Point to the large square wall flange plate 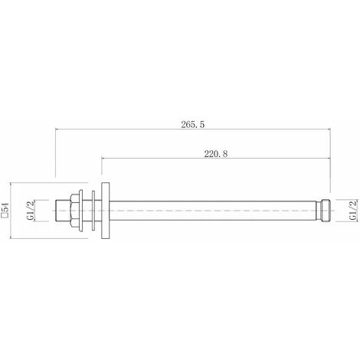pos(106,208)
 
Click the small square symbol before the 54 pos(6,218)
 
